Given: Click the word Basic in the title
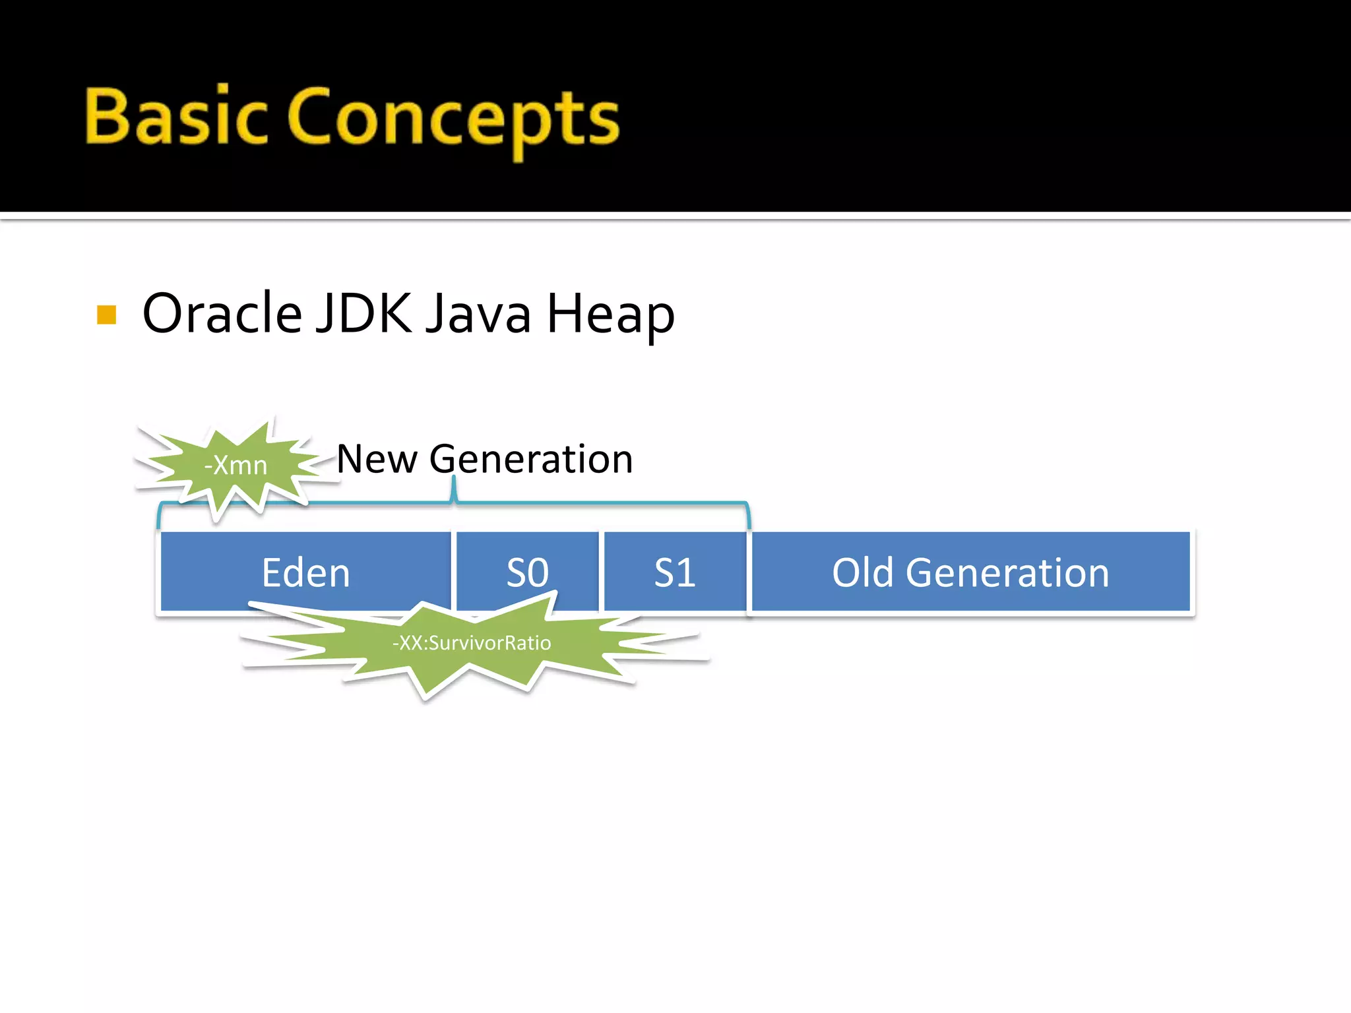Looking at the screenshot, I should pos(176,117).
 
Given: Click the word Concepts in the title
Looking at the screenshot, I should pos(454,119).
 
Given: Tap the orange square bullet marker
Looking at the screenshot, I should pos(106,315).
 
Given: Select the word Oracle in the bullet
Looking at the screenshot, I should pos(222,313).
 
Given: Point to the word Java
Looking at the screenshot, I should pos(478,313).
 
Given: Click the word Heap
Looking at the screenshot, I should pos(611,315).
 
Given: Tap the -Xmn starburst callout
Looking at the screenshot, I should pos(236,466).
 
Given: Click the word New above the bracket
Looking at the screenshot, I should pos(377,459).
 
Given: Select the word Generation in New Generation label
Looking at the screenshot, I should pos(531,459).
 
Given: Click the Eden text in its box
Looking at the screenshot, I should pos(305,572).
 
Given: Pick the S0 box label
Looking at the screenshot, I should pos(527,572).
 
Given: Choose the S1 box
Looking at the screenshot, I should pos(675,572).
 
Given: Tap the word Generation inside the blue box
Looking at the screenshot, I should pos(1007,572).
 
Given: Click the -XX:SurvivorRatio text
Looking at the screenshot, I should pos(472,643).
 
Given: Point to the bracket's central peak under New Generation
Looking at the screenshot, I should pos(454,488).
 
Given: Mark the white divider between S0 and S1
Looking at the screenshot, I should pos(602,571).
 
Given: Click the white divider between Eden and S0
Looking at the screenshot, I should pos(454,571).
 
